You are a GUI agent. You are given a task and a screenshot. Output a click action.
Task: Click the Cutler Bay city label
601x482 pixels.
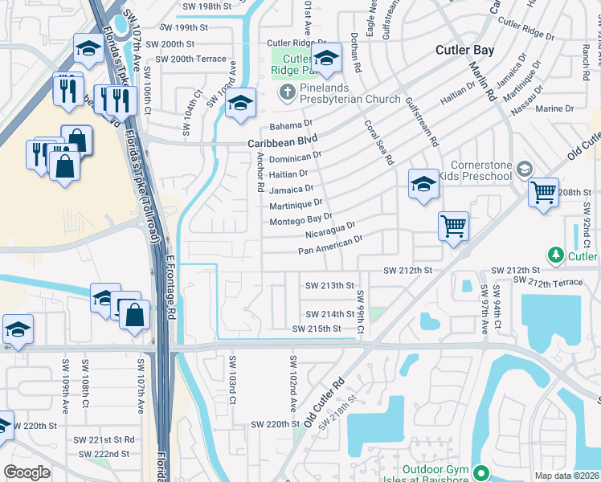[x=464, y=50]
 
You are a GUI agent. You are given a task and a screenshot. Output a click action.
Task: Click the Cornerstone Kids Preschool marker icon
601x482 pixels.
[x=524, y=169]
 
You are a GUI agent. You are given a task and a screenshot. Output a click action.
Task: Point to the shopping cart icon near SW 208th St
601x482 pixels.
[x=544, y=193]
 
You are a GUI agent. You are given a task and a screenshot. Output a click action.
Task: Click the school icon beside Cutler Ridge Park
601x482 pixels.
[x=327, y=59]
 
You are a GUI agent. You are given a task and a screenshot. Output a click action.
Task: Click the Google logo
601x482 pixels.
[x=27, y=472]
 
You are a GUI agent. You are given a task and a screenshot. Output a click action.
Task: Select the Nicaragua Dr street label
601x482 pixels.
[x=330, y=231]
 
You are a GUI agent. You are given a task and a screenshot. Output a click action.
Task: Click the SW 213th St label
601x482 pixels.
[x=330, y=285]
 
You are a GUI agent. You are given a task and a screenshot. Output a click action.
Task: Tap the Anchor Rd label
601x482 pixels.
[x=260, y=176]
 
